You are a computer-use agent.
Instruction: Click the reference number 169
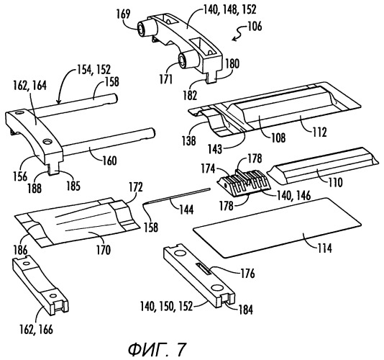pyautogui.click(x=123, y=14)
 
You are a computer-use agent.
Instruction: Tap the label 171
pyautogui.click(x=166, y=80)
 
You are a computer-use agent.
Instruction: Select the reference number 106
pyautogui.click(x=255, y=27)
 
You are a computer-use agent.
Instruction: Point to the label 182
pyautogui.click(x=190, y=95)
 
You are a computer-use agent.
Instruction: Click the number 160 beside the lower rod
pyautogui.click(x=109, y=161)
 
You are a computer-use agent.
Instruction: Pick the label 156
pyautogui.click(x=20, y=176)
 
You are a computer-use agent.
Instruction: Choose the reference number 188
pyautogui.click(x=35, y=189)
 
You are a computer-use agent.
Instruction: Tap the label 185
pyautogui.click(x=73, y=186)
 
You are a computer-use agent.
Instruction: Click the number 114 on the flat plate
pyautogui.click(x=325, y=248)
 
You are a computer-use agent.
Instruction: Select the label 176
pyautogui.click(x=247, y=274)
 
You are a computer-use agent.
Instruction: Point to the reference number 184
pyautogui.click(x=245, y=310)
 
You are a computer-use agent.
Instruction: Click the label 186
pyautogui.click(x=21, y=251)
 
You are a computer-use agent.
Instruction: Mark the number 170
pyautogui.click(x=104, y=251)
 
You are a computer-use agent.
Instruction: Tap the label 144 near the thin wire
pyautogui.click(x=186, y=210)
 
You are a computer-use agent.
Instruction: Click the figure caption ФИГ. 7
pyautogui.click(x=157, y=349)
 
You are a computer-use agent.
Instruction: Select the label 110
pyautogui.click(x=335, y=183)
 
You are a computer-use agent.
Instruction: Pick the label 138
pyautogui.click(x=189, y=141)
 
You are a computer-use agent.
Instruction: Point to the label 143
pyautogui.click(x=215, y=149)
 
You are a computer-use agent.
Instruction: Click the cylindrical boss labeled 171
pyautogui.click(x=184, y=60)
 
